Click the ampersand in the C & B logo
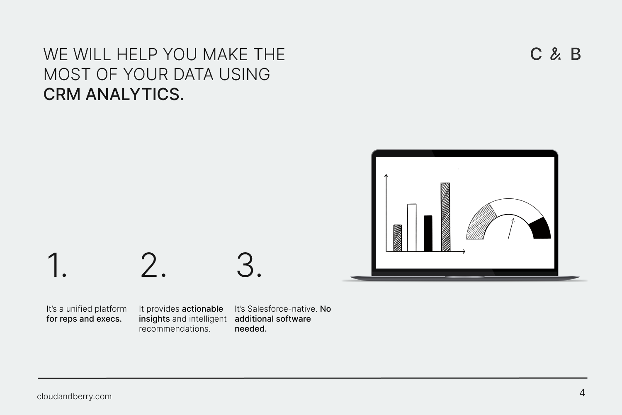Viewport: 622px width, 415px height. pos(555,54)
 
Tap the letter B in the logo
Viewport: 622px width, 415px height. pos(576,54)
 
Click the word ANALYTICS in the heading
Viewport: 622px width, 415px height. pos(135,94)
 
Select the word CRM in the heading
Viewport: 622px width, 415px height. pos(62,94)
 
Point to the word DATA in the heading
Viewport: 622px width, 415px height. pos(193,74)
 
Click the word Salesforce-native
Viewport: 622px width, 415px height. pos(282,309)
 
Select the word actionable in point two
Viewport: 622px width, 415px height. pos(202,309)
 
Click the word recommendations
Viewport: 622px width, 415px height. pos(175,329)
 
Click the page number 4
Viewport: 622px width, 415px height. pos(582,393)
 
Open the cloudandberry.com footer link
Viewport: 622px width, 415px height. pos(74,396)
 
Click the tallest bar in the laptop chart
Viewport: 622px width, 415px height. pos(445,217)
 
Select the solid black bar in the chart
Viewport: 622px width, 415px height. pos(428,234)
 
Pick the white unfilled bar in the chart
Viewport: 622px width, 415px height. pos(412,228)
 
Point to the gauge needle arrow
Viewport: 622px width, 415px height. pos(511,229)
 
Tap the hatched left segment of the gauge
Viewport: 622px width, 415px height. pos(480,223)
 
